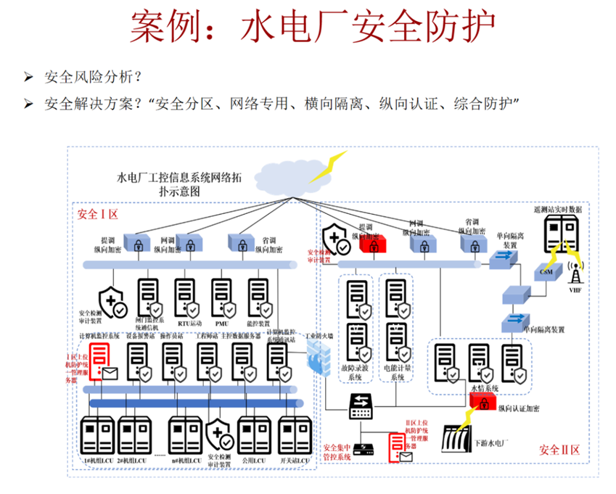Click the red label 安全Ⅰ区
(x=97, y=215)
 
